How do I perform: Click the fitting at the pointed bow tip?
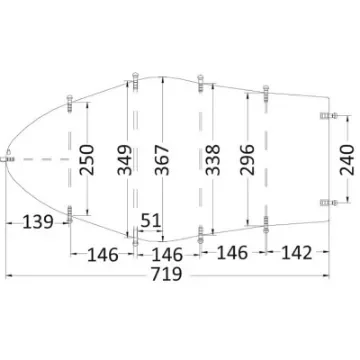point(8,157)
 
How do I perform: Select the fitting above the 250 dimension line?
point(68,102)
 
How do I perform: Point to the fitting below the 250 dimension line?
point(68,212)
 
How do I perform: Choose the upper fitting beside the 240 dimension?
point(325,118)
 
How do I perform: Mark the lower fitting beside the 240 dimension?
point(325,200)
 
